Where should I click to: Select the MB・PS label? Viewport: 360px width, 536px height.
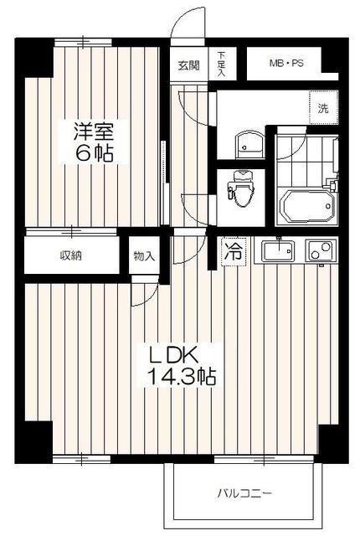click(x=287, y=62)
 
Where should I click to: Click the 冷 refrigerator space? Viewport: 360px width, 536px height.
click(x=234, y=251)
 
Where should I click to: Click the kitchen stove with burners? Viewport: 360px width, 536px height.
click(x=319, y=250)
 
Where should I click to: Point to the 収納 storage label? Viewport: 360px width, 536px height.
click(x=70, y=255)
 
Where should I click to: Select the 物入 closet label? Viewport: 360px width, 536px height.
click(x=144, y=255)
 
